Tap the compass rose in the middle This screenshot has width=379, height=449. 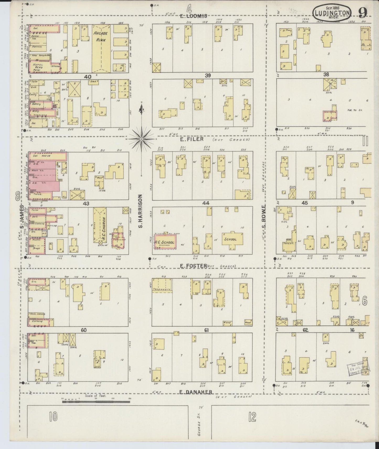[x=141, y=138]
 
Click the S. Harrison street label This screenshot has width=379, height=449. [x=140, y=211]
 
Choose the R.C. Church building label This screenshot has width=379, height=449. [x=104, y=226]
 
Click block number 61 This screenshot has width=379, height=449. [x=206, y=330]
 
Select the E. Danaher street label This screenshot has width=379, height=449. [x=196, y=392]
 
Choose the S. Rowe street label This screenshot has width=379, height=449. [x=265, y=217]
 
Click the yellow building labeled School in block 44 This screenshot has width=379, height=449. [x=231, y=239]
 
